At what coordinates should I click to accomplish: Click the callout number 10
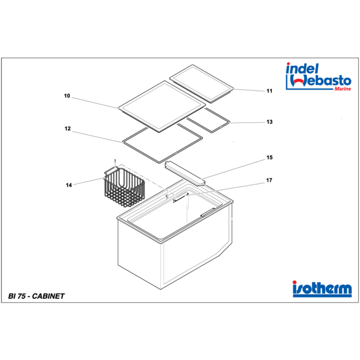pos(67,96)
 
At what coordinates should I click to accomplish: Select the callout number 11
pos(269,91)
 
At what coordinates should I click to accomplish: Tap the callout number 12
pos(68,128)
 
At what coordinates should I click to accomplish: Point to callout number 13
pos(270,122)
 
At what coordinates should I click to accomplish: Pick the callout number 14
pos(69,185)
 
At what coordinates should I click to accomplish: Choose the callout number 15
pos(270,157)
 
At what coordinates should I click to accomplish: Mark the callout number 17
pos(269,180)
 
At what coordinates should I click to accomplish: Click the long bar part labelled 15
pos(185,173)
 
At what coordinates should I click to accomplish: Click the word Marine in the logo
pos(342,89)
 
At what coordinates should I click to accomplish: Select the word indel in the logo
pos(302,69)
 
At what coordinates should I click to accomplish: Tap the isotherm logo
pos(322,289)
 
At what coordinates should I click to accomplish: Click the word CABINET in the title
pos(48,296)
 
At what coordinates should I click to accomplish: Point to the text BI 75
pos(17,296)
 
